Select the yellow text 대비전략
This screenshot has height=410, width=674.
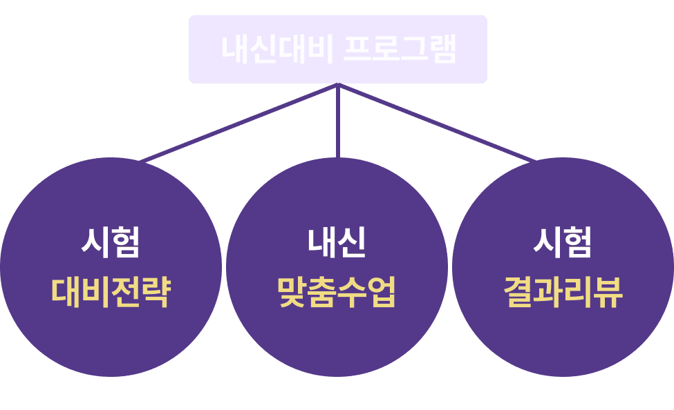pyautogui.click(x=111, y=293)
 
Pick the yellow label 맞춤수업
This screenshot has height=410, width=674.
pyautogui.click(x=337, y=293)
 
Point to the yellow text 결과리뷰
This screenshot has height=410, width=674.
pyautogui.click(x=563, y=293)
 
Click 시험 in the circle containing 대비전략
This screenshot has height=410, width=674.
pyautogui.click(x=111, y=242)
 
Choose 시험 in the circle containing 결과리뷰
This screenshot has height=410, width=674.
pyautogui.click(x=563, y=242)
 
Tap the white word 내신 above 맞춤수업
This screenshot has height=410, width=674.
pyautogui.click(x=337, y=242)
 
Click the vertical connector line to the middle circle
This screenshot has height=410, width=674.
pyautogui.click(x=338, y=124)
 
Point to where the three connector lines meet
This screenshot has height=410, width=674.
pyautogui.click(x=338, y=86)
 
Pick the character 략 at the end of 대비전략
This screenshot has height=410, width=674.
pyautogui.click(x=156, y=293)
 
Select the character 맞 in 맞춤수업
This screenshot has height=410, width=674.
pyautogui.click(x=292, y=293)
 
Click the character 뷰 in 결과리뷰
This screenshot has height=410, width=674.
pyautogui.click(x=609, y=293)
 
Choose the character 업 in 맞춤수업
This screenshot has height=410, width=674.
pyautogui.click(x=382, y=293)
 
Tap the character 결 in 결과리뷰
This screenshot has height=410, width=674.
pyautogui.click(x=518, y=293)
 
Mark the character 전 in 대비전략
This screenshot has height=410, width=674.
pyautogui.click(x=126, y=293)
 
